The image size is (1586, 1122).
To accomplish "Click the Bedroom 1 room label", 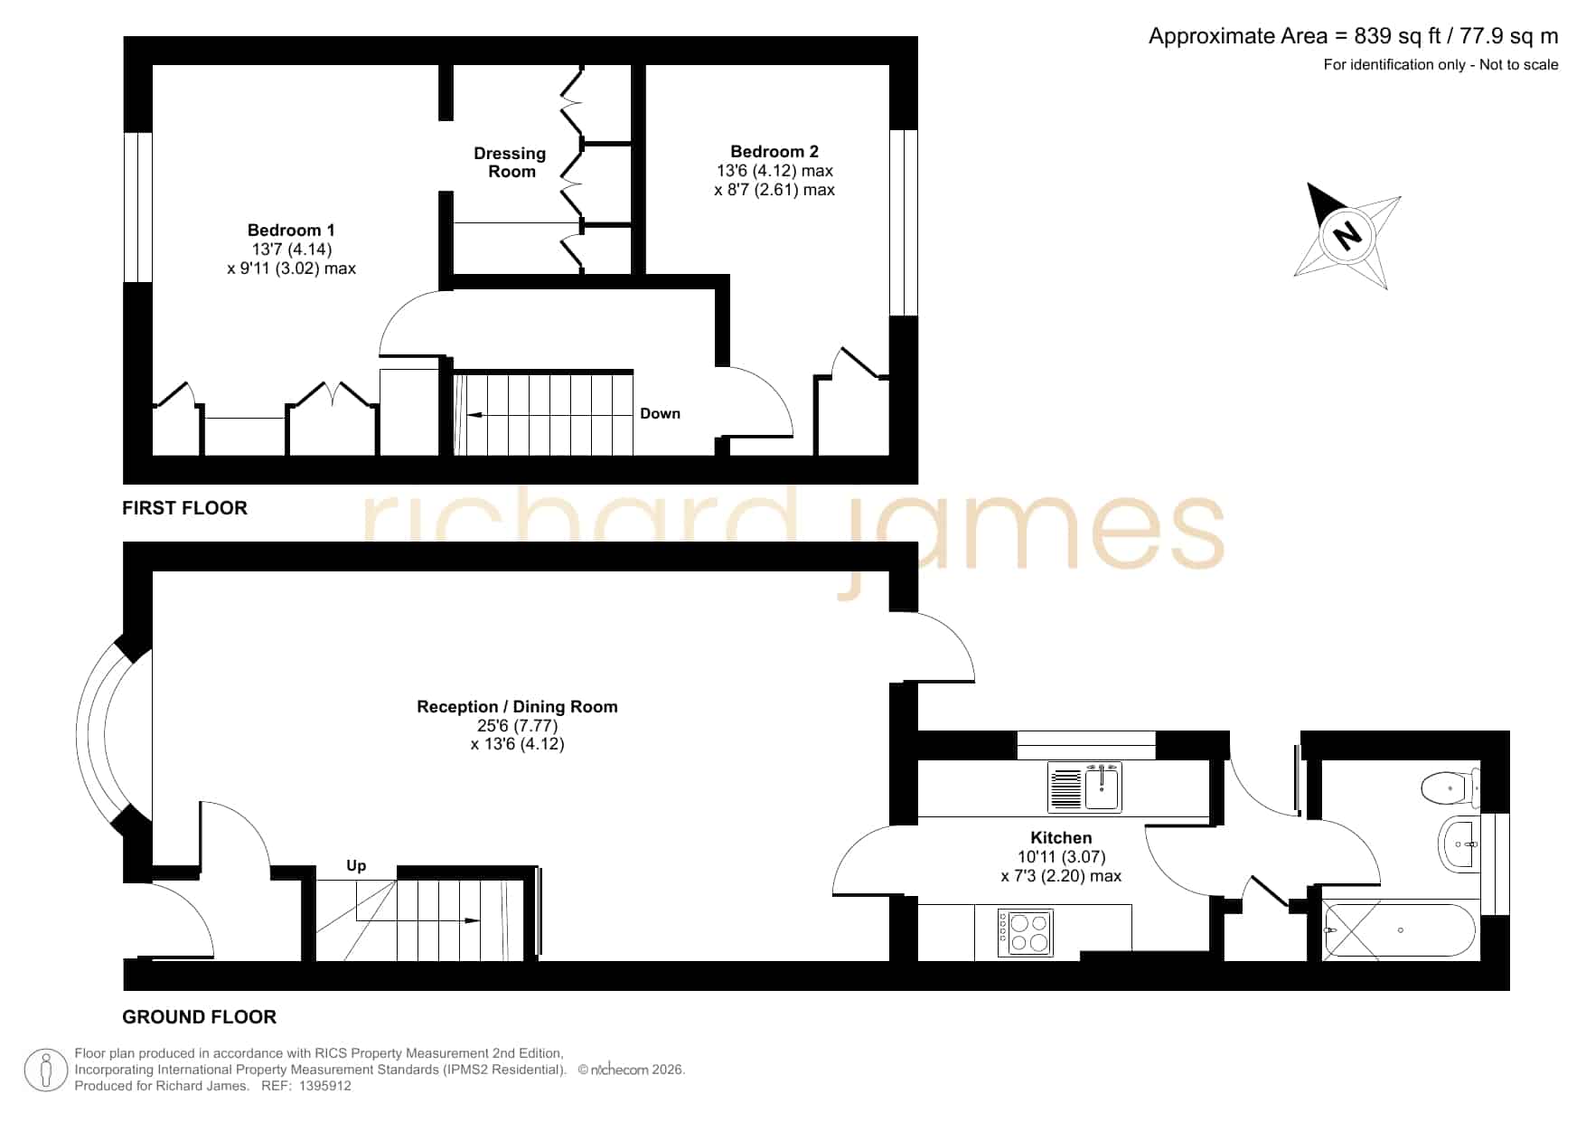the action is click(x=291, y=231).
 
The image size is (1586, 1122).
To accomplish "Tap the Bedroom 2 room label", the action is click(x=774, y=152).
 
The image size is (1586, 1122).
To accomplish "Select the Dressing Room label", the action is click(x=511, y=163).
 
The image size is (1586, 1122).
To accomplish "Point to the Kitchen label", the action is click(x=1061, y=838).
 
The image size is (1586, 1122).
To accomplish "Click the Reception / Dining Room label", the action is click(x=517, y=707).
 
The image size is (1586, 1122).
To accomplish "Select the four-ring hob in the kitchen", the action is click(x=1025, y=933).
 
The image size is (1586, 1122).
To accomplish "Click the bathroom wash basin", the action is click(x=1458, y=844).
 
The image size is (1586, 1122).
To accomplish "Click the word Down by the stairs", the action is click(x=660, y=414).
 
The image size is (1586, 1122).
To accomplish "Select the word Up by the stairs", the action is click(x=356, y=866).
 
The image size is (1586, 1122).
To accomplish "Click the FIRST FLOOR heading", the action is click(x=184, y=508).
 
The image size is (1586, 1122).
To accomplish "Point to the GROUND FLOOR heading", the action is click(x=199, y=1017).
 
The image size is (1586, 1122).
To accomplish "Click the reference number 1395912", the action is click(x=324, y=1086).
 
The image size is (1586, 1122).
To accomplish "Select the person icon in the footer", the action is click(x=46, y=1070).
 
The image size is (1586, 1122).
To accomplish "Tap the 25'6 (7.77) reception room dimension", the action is click(x=517, y=726).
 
